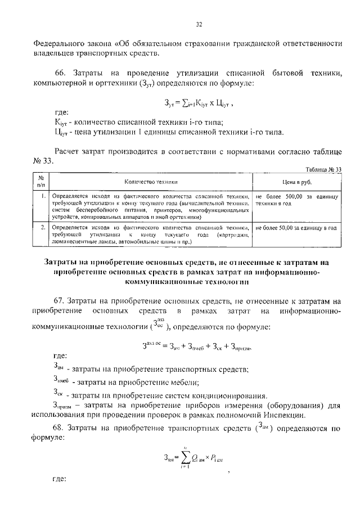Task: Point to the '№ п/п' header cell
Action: (x=40, y=182)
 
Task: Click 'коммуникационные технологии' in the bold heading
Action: (x=186, y=283)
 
